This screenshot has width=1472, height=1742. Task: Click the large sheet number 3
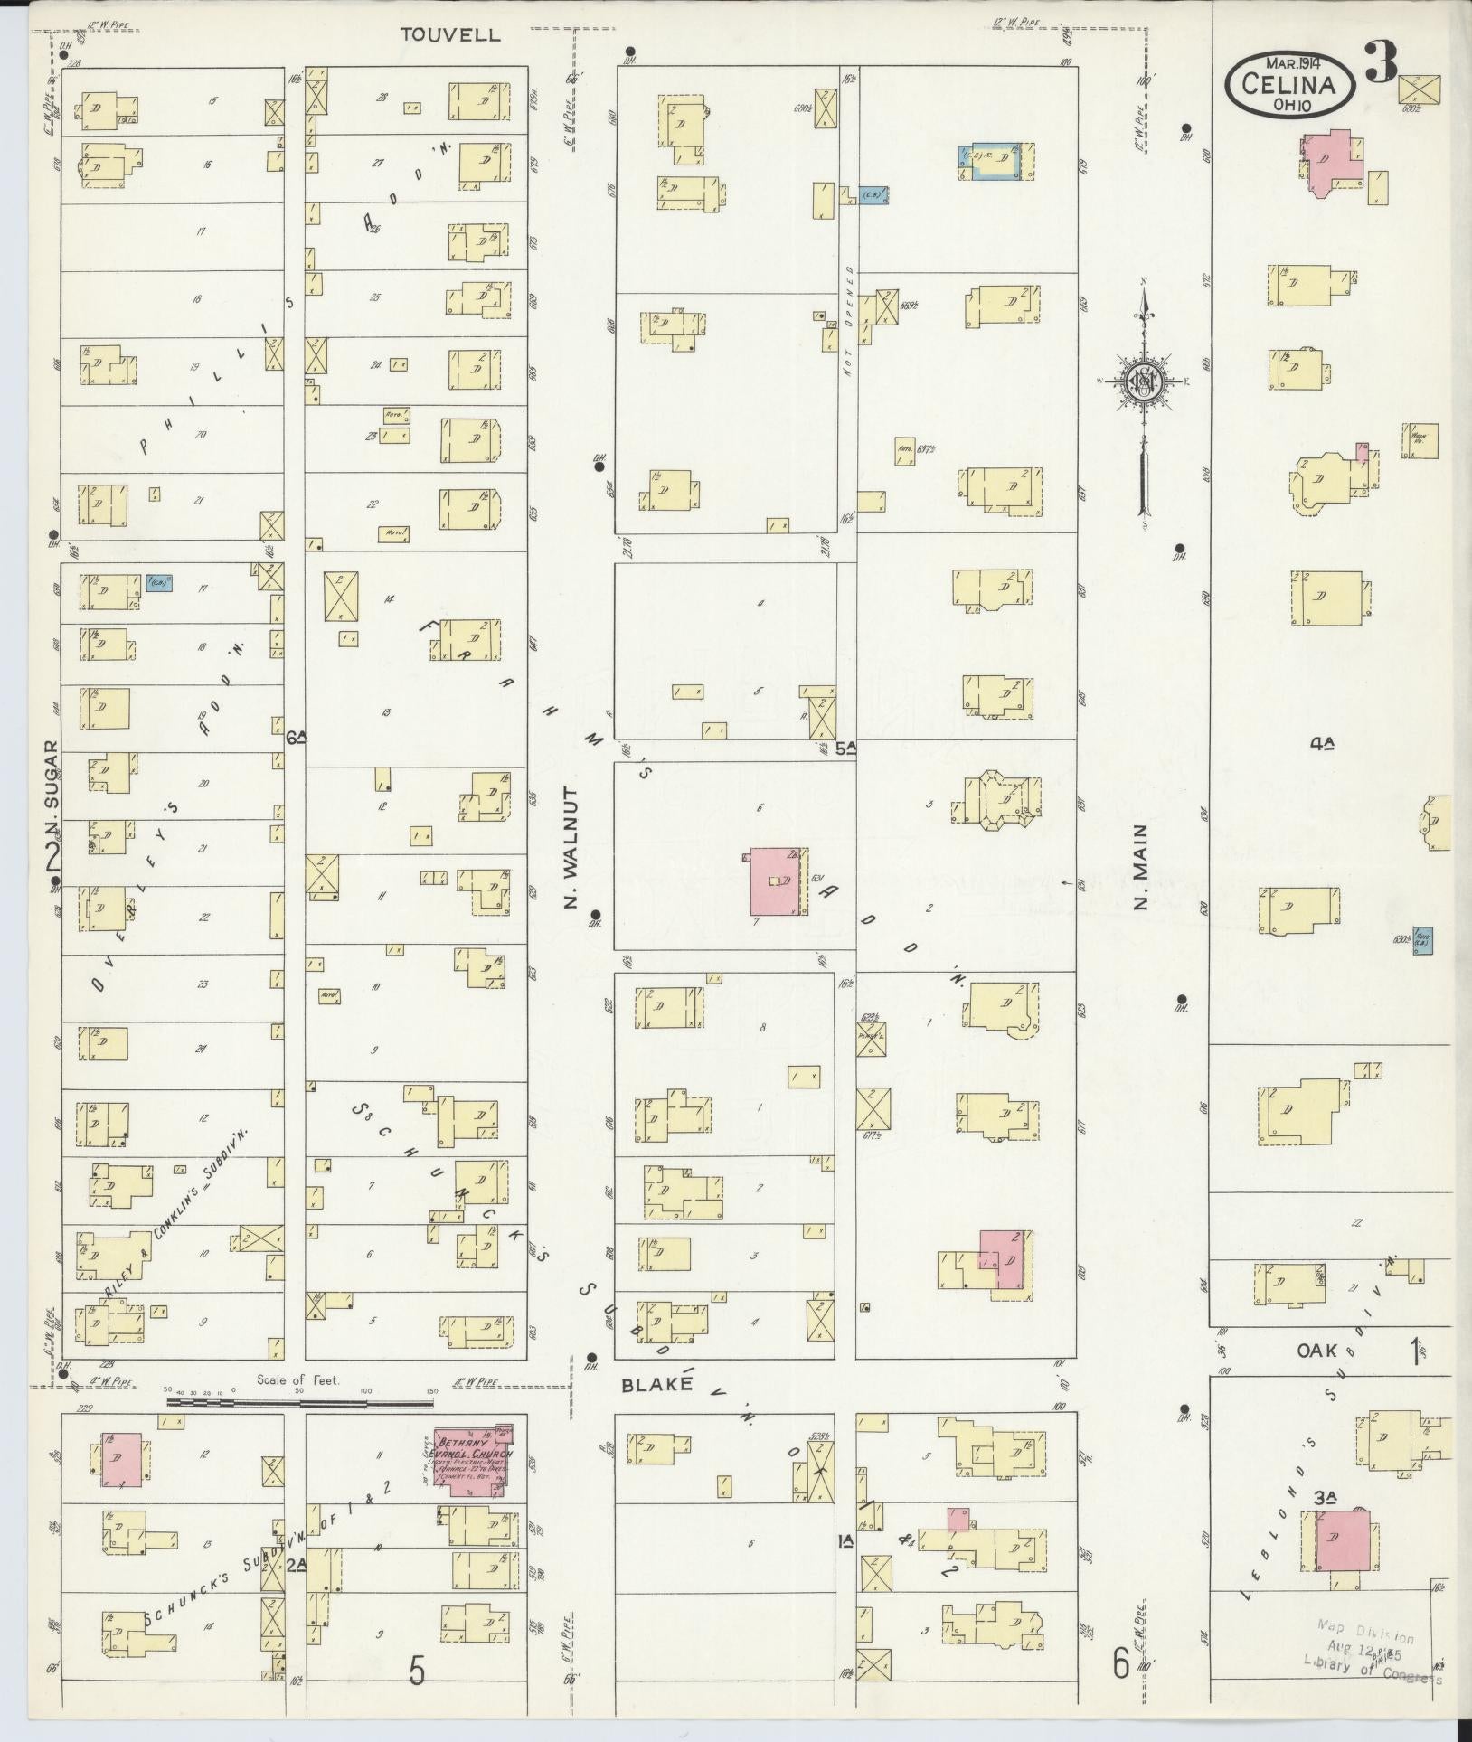1381,61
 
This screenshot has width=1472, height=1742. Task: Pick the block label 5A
845,748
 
